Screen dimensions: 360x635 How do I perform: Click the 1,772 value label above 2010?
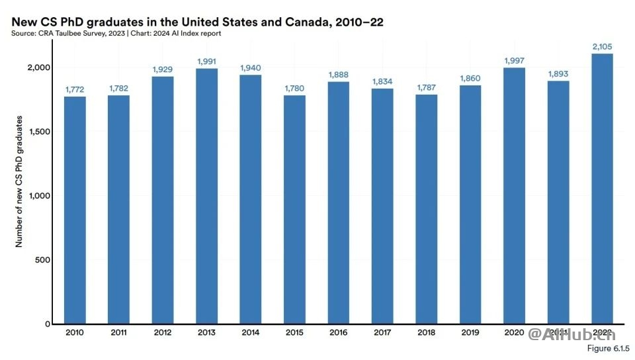point(75,89)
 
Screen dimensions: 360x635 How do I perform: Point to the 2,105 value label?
point(602,46)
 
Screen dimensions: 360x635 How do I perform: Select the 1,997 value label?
point(514,61)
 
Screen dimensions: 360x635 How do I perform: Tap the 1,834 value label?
point(382,81)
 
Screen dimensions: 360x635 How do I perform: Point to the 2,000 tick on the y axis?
point(39,67)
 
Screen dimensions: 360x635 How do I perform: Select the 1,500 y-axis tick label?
point(39,132)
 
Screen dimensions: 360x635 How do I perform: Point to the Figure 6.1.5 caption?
point(607,348)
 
